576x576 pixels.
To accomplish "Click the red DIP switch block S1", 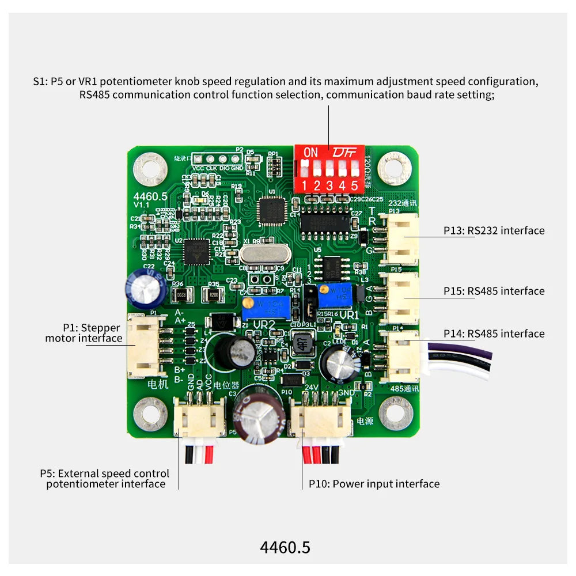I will [x=329, y=169].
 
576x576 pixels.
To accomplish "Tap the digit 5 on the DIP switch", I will [x=354, y=185].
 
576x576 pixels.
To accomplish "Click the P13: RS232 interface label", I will [x=494, y=230].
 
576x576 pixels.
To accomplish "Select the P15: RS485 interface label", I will [x=494, y=291].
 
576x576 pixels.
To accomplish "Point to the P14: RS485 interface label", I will [x=494, y=334].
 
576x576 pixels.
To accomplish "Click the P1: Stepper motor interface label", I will [x=84, y=333].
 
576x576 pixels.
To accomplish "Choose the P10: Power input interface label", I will [x=374, y=484].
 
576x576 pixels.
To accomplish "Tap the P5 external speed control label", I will [x=105, y=479].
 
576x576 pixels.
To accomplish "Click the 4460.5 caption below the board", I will [x=285, y=547].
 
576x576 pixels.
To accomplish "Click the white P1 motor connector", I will [x=141, y=346].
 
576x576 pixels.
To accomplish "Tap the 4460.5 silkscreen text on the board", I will [x=150, y=196].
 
